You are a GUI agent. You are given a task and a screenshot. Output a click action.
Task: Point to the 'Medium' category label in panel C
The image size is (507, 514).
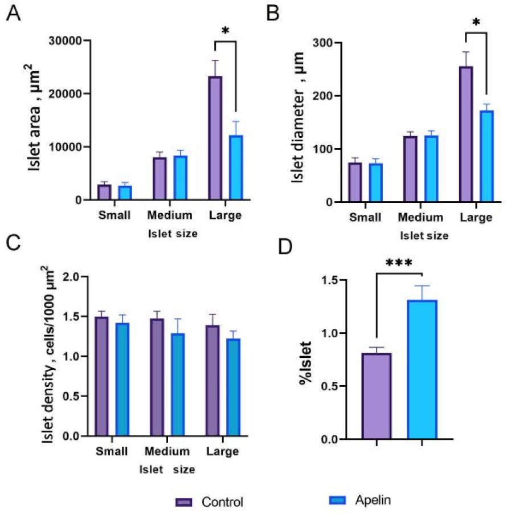pos(167,452)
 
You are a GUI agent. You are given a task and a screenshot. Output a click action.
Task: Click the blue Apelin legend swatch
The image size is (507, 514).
pos(338,500)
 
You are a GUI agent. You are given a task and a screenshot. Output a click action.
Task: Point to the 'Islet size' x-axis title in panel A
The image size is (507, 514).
pos(170,233)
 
